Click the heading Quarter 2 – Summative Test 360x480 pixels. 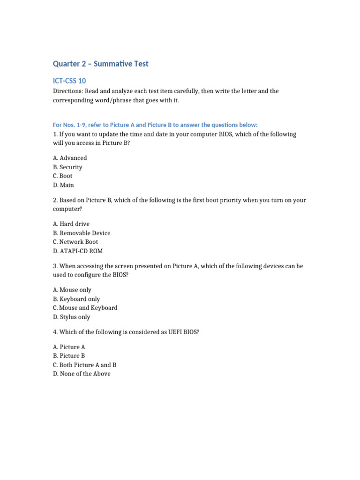(100, 64)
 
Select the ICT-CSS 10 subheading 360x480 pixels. (69, 81)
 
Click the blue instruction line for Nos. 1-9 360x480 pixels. (155, 124)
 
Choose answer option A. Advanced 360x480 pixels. (70, 158)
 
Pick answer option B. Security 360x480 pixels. (67, 167)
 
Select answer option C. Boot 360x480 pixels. (63, 176)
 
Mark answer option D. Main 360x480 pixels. (63, 185)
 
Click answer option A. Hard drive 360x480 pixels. (71, 224)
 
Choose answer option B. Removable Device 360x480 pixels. (82, 233)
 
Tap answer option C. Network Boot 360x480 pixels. (75, 242)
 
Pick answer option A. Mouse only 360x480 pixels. (72, 290)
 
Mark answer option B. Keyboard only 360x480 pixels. (76, 299)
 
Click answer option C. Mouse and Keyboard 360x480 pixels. (85, 308)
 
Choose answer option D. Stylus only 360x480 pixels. (71, 317)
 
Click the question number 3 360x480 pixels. (55, 266)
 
